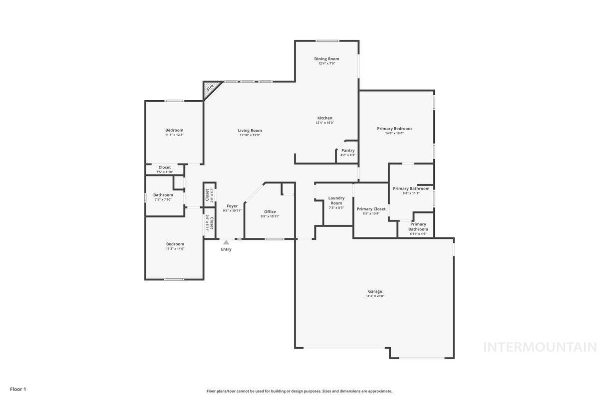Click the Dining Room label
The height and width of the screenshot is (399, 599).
point(326,59)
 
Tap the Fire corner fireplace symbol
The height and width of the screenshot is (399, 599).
point(210,88)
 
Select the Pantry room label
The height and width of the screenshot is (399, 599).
point(348,150)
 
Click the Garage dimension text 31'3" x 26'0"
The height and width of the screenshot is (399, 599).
point(375,296)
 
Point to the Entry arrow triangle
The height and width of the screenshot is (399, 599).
point(226,242)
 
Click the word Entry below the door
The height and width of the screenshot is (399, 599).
point(226,249)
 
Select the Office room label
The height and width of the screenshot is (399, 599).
point(270,211)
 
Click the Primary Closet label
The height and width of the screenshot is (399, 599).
point(371,209)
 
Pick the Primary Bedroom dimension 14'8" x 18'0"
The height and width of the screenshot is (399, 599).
point(394,133)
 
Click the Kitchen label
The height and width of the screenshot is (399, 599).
point(324,118)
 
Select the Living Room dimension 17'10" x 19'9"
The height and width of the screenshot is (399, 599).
point(250,135)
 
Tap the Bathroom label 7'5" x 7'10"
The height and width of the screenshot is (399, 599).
point(163,195)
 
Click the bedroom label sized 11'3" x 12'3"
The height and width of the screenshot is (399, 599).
point(174,130)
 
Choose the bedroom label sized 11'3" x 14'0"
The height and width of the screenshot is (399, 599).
point(175,244)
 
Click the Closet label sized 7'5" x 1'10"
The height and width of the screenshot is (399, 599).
point(165,168)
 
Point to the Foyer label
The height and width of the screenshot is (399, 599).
point(232,205)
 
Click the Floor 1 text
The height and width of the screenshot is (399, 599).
point(18,389)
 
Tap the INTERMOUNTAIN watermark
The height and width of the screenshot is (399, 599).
point(540,347)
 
